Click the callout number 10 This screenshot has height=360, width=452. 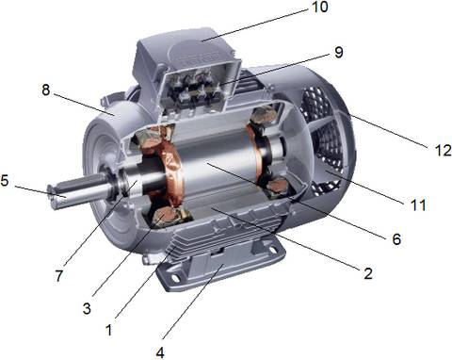pyautogui.click(x=319, y=7)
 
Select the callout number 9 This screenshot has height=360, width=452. pyautogui.click(x=338, y=53)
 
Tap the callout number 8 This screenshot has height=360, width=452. pyautogui.click(x=46, y=90)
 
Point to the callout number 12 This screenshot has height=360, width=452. pyautogui.click(x=443, y=151)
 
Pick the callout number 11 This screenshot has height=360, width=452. pyautogui.click(x=418, y=205)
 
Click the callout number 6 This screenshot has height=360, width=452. pyautogui.click(x=396, y=239)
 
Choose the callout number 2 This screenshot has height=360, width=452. pyautogui.click(x=368, y=273)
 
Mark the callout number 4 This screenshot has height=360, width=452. pyautogui.click(x=160, y=352)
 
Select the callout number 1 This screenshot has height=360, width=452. pyautogui.click(x=108, y=330)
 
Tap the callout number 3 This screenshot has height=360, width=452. pyautogui.click(x=87, y=308)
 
